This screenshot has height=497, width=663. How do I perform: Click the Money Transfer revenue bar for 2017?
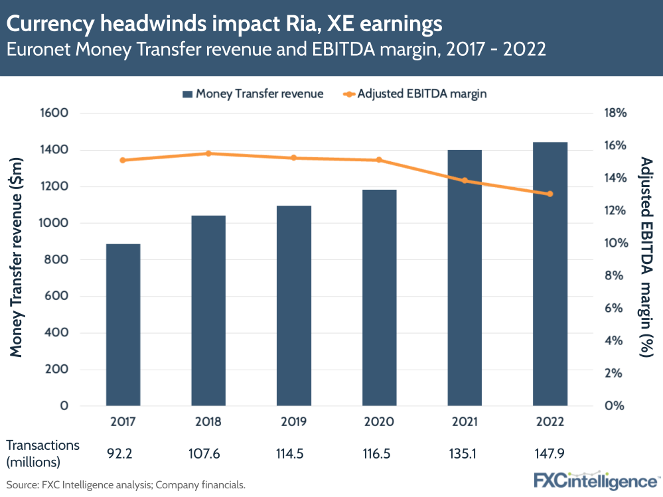[x=123, y=324]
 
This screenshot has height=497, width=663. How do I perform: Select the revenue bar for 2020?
[x=379, y=297]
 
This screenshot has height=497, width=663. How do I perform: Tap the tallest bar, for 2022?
[x=550, y=273]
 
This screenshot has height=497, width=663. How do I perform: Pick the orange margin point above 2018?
[x=208, y=153]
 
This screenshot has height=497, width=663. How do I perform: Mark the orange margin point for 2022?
[x=550, y=194]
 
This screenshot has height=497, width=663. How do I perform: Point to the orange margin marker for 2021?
[x=465, y=180]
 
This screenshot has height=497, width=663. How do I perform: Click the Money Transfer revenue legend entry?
[x=253, y=94]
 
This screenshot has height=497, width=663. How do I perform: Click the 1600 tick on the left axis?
[x=56, y=113]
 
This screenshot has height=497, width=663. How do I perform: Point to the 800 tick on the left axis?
[x=59, y=259]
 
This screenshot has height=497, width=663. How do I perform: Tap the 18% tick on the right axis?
[x=615, y=113]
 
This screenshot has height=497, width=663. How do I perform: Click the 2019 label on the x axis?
[x=294, y=422]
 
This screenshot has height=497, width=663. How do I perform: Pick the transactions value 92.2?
[x=123, y=453]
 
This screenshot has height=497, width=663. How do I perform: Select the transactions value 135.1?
[x=465, y=453]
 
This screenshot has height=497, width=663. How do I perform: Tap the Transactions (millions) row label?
[x=43, y=453]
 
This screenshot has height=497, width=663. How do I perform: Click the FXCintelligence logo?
[x=595, y=480]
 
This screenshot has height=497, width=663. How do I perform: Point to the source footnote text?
[x=126, y=484]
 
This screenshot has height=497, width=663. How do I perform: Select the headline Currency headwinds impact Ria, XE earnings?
[x=224, y=25]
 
